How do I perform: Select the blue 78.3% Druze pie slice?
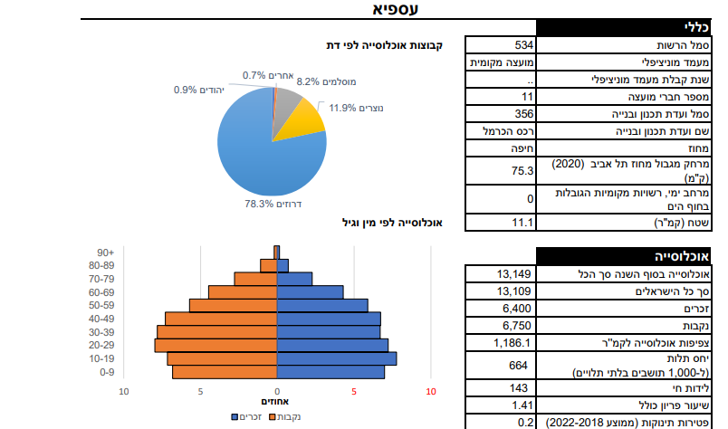pos(263,154)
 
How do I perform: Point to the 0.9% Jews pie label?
pos(198,91)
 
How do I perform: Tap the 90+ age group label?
pos(104,253)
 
